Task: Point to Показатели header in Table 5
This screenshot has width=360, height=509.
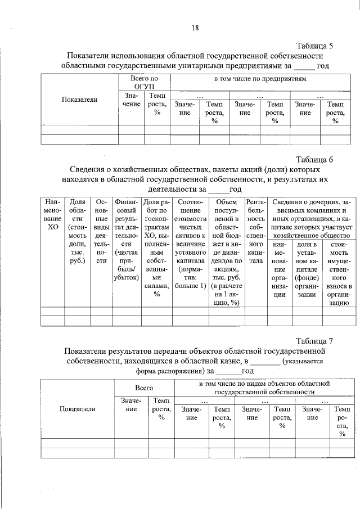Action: click(79, 100)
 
